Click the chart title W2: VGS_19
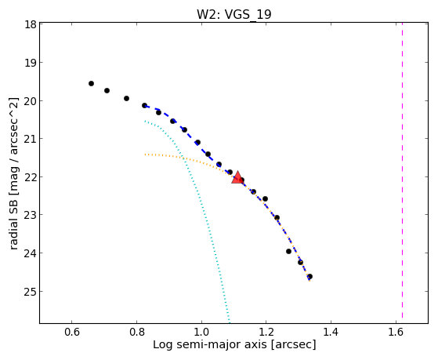click(233, 14)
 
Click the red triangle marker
click(237, 177)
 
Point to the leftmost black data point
click(91, 83)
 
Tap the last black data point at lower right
click(309, 276)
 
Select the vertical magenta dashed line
click(402, 170)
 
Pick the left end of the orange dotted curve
click(145, 155)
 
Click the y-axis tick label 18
click(31, 24)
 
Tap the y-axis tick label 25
click(31, 291)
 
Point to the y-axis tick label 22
click(31, 176)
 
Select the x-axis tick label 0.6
click(72, 332)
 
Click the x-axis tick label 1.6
click(396, 332)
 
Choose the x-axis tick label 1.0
click(201, 332)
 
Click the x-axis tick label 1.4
click(331, 332)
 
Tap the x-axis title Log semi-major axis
click(210, 345)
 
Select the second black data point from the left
click(107, 90)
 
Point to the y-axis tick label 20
click(31, 100)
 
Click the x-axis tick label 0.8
click(136, 332)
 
